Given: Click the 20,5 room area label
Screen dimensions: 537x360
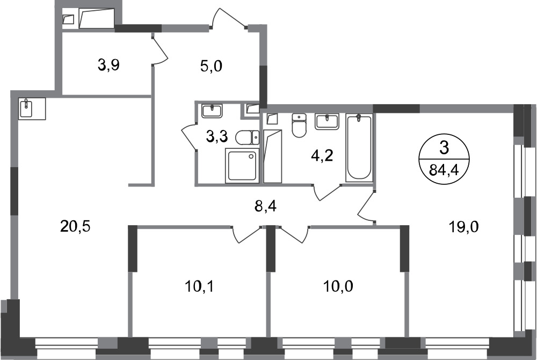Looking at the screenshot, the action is [75, 226].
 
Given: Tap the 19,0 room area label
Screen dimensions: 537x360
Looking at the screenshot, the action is [464, 226].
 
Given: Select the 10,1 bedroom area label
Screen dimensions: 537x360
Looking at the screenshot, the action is [199, 286].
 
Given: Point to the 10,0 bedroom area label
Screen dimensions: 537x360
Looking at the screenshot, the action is [338, 286].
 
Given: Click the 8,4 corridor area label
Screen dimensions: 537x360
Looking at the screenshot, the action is [265, 206].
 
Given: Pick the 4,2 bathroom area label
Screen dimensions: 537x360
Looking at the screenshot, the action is [322, 156].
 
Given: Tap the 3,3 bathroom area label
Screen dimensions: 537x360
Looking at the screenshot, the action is [217, 136].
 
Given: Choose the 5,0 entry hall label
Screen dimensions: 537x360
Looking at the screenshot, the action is [211, 66].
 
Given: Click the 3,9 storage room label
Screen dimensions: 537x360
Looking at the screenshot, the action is [108, 64].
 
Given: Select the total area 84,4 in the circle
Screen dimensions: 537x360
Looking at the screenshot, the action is [444, 170].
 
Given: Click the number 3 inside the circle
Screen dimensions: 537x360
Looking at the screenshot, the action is [444, 148].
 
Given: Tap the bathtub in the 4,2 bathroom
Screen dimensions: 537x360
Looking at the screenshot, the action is [359, 147].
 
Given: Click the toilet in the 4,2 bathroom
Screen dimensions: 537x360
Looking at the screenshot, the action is [299, 125].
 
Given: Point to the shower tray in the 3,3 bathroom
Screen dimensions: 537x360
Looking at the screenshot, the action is [242, 165].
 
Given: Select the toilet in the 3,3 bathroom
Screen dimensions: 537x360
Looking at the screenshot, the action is [247, 138].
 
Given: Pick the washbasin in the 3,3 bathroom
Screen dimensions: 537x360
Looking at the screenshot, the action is [212, 111].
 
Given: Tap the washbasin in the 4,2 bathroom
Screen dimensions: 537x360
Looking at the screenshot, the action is [327, 121].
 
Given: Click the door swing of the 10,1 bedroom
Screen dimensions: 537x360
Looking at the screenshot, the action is [247, 234].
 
